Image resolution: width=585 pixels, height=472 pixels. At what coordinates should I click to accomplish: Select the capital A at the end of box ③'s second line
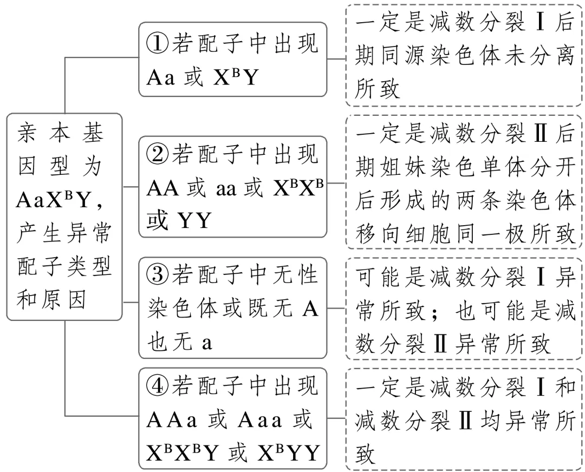click(311, 310)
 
